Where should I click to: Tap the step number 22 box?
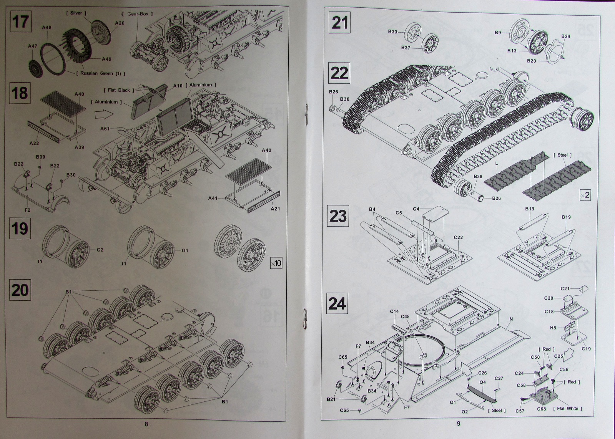339,73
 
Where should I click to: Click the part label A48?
47,28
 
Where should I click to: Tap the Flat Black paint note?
119,90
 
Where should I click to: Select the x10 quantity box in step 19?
276,263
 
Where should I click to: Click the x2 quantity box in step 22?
585,195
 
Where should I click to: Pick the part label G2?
100,250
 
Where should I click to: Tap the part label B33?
392,32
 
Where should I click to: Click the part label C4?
416,209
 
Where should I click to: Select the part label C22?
458,237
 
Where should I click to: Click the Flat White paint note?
567,408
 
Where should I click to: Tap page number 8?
146,424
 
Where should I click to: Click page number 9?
458,424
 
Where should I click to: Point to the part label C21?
565,288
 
